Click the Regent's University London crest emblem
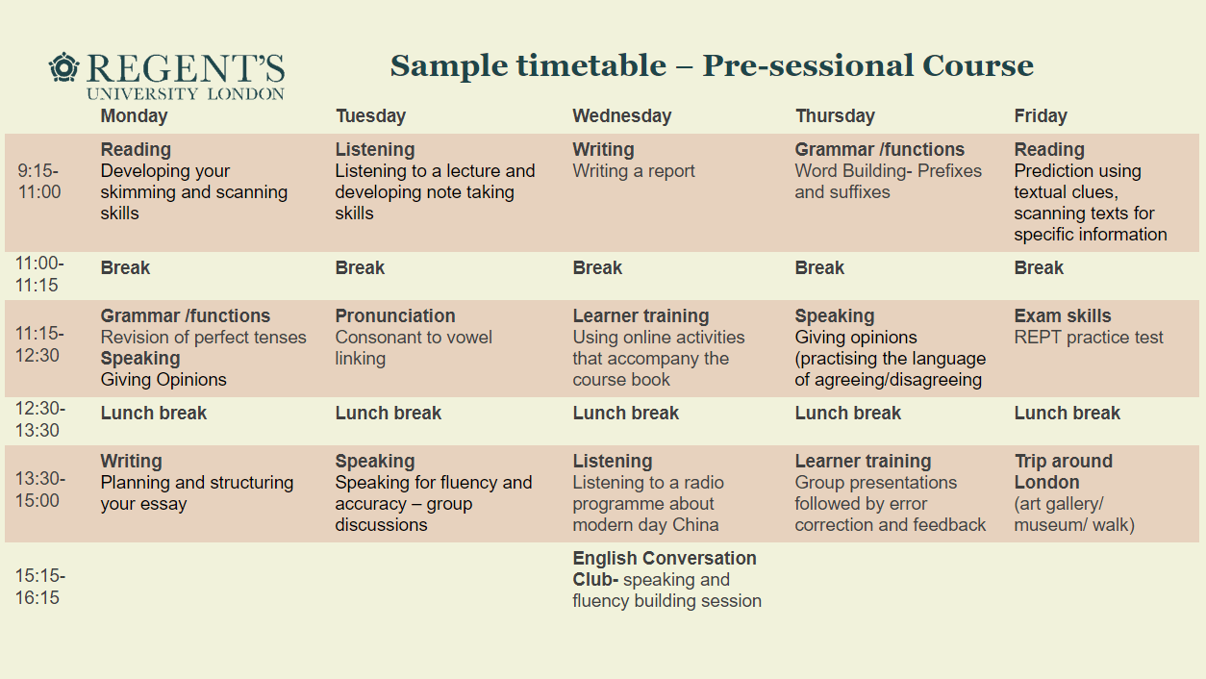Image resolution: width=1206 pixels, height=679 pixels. pos(64,68)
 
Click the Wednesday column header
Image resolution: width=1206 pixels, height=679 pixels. pos(621,116)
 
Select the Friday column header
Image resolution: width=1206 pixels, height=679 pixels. pos(1041,116)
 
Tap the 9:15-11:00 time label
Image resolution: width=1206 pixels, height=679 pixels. pos(38,181)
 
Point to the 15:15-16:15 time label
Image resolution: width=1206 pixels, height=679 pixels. pos(38,587)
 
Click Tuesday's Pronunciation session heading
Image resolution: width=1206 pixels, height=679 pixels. pos(395,316)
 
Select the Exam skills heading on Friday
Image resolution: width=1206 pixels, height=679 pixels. pos(1062,316)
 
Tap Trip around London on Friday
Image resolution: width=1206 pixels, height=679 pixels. pos(1063,471)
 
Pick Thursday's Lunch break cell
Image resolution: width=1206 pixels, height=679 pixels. pos(847,414)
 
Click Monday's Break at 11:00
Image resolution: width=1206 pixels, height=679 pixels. pos(125,268)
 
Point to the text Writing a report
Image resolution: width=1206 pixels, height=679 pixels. pos(633,171)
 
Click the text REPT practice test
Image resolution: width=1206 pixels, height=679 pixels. pos(1088,338)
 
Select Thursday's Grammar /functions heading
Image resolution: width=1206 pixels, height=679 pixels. pos(879,150)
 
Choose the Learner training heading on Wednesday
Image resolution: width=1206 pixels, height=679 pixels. pos(641,316)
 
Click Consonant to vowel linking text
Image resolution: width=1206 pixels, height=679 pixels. pos(413,348)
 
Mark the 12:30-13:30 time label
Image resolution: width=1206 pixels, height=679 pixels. pos(38,420)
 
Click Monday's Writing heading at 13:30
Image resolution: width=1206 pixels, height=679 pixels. pos(131,462)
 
